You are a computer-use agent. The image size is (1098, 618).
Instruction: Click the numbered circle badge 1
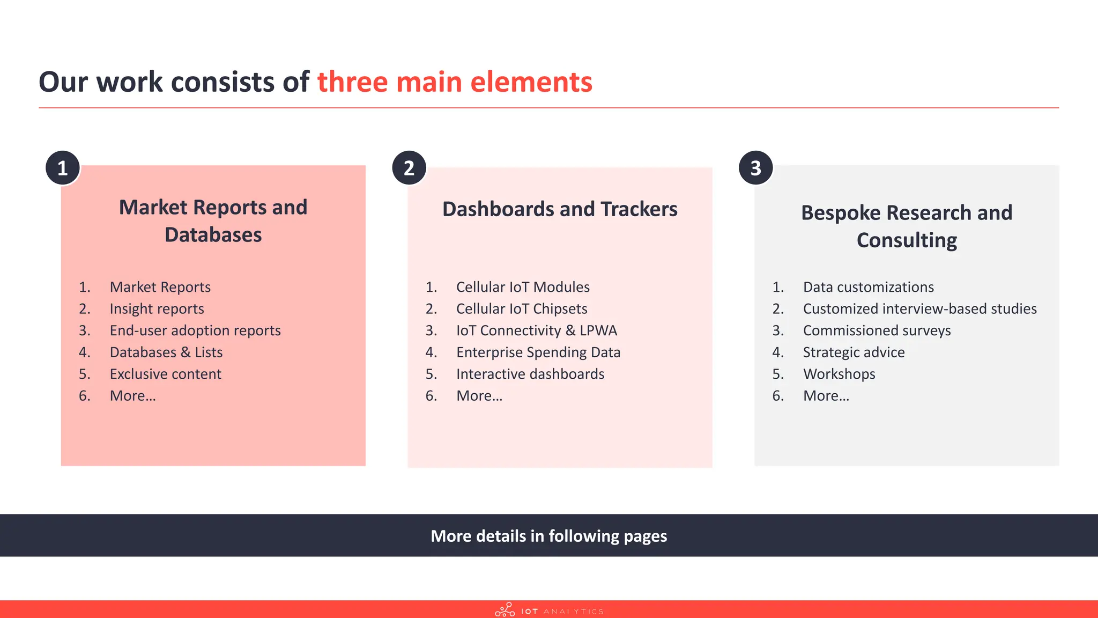63,168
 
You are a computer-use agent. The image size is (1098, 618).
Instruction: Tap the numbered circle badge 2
409,168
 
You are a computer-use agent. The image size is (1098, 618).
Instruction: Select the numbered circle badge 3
755,168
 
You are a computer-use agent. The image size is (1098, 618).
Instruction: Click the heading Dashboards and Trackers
560,209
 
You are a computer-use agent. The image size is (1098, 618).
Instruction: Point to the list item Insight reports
157,309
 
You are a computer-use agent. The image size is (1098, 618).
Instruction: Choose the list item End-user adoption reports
195,330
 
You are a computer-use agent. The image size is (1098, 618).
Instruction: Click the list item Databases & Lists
166,352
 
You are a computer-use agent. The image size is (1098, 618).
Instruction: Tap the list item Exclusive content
165,374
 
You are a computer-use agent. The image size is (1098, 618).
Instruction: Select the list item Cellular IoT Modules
523,287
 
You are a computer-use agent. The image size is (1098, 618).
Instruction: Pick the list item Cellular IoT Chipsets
522,309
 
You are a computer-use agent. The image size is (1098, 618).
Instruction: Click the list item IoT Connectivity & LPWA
537,330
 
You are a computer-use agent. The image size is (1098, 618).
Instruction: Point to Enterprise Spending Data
538,352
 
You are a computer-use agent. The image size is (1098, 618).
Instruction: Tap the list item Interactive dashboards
530,374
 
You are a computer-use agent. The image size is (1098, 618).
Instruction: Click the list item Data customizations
868,287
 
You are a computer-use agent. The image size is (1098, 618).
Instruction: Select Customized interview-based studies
919,309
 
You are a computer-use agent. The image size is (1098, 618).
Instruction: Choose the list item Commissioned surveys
877,330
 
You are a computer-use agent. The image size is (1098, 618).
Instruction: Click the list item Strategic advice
854,352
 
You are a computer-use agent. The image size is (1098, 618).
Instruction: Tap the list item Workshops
839,374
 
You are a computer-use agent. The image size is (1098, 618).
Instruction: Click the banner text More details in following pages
548,536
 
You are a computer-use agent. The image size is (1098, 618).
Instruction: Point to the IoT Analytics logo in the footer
549,610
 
